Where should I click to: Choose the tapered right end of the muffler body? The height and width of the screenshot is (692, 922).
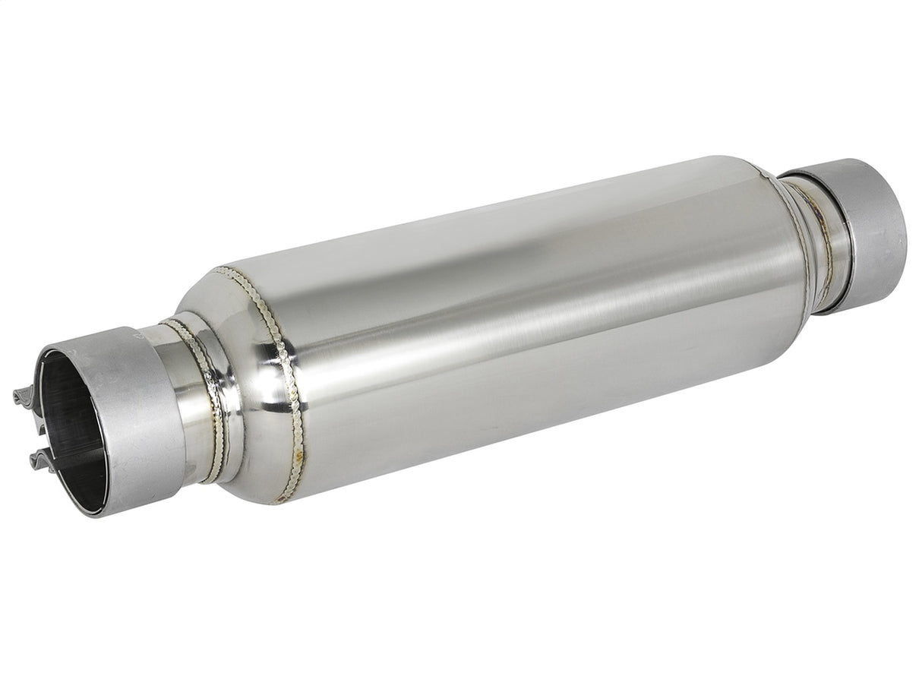[794, 251]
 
